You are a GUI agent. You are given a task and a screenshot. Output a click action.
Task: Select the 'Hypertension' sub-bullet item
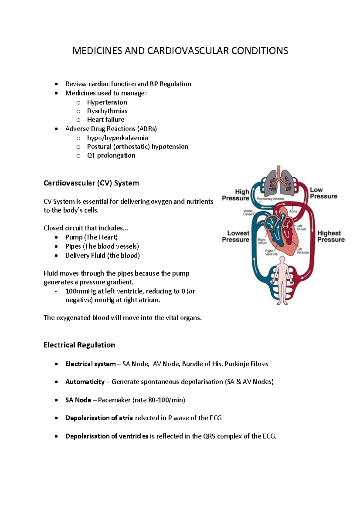pos(107,102)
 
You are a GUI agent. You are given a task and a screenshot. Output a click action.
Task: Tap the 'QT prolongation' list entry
pos(111,155)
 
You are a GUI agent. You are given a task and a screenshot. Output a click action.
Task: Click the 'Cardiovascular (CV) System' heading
pos(91,183)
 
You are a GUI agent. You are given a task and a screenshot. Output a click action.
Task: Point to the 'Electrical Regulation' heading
pos(79,345)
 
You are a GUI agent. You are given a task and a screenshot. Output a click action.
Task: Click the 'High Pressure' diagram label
pos(236,195)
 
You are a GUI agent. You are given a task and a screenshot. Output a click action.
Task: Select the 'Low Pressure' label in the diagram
pos(323,193)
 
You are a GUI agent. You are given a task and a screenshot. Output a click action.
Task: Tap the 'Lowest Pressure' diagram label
pos(236,236)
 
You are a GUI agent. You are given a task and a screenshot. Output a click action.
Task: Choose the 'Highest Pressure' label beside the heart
pos(331,236)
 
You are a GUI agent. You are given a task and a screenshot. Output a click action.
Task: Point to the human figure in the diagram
pos(281,280)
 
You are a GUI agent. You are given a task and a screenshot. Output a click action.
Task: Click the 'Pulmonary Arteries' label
pos(270,199)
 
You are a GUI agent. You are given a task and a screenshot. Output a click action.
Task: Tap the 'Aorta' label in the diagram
pos(293,211)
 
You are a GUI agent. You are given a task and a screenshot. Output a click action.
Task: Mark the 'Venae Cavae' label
pos(248,213)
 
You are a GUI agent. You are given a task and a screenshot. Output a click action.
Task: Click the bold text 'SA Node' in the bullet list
pos(78,400)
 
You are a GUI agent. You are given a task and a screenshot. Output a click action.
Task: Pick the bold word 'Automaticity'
pos(85,382)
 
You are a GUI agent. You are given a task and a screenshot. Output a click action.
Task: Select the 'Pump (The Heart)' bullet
pos(91,237)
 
